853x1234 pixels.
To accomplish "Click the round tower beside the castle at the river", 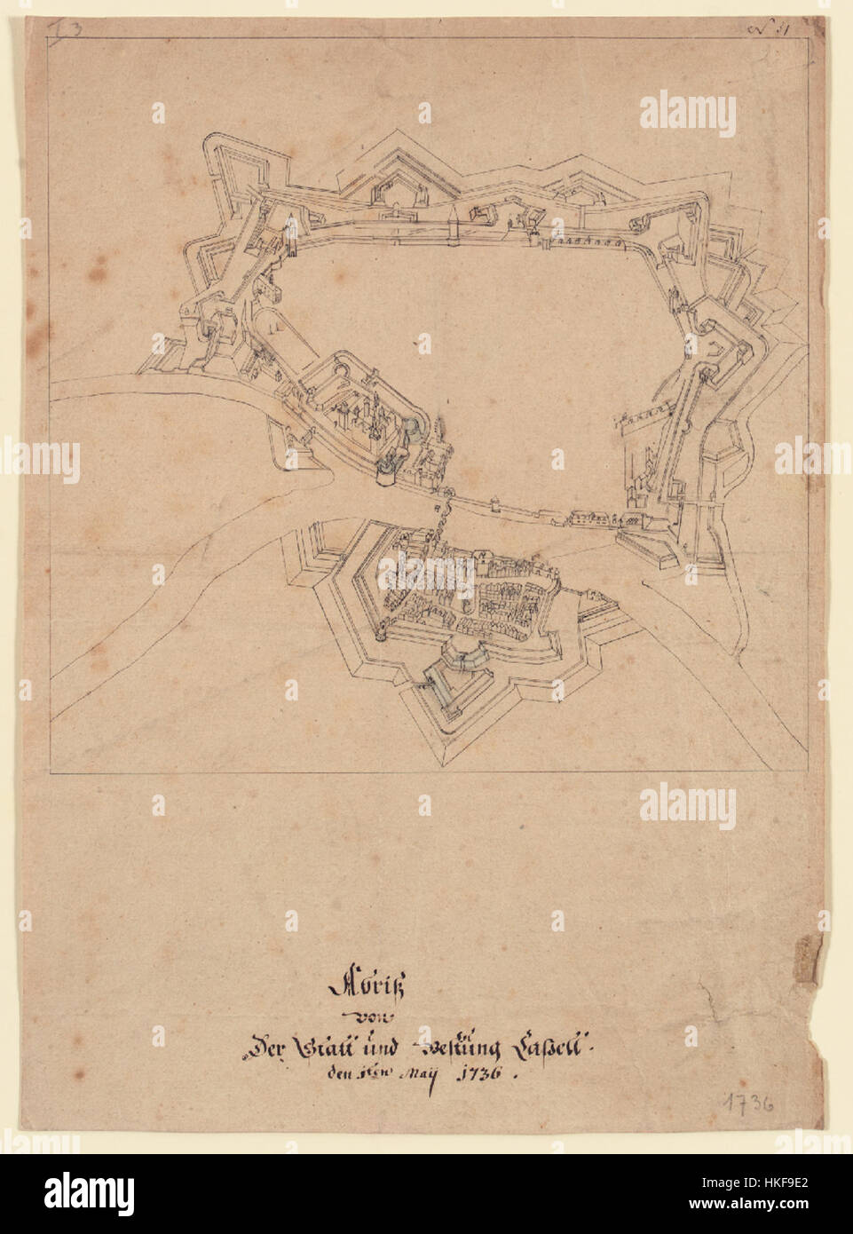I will (386, 473).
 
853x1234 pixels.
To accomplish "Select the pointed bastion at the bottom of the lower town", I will (444, 741).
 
